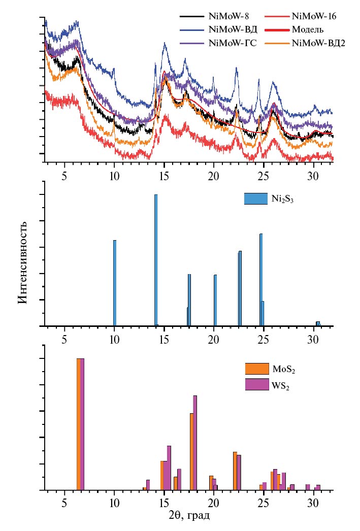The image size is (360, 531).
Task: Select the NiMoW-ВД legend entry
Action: tap(228, 30)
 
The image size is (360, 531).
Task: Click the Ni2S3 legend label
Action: tap(283, 200)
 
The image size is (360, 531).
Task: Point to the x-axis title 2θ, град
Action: tap(189, 516)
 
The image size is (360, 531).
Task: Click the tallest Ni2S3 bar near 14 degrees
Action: tap(156, 260)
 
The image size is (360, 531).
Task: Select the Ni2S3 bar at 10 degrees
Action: tap(115, 283)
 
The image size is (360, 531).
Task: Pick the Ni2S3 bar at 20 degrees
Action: tap(215, 300)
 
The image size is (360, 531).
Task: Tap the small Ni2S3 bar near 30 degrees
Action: tap(318, 323)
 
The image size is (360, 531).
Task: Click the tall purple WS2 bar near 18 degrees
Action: tap(195, 443)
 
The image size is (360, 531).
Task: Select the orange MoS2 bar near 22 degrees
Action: tap(235, 471)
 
